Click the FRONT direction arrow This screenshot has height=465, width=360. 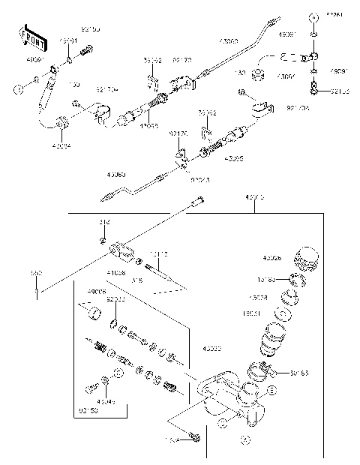coord(28,36)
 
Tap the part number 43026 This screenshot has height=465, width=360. coord(273,259)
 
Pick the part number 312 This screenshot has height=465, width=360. coord(104,223)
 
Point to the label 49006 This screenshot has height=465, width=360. coord(97,291)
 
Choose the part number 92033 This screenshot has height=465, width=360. coord(116,298)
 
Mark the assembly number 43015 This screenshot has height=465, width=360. coord(254,198)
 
